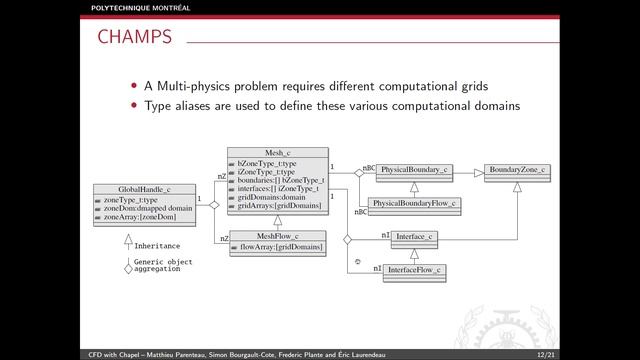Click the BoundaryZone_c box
coord(517,171)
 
